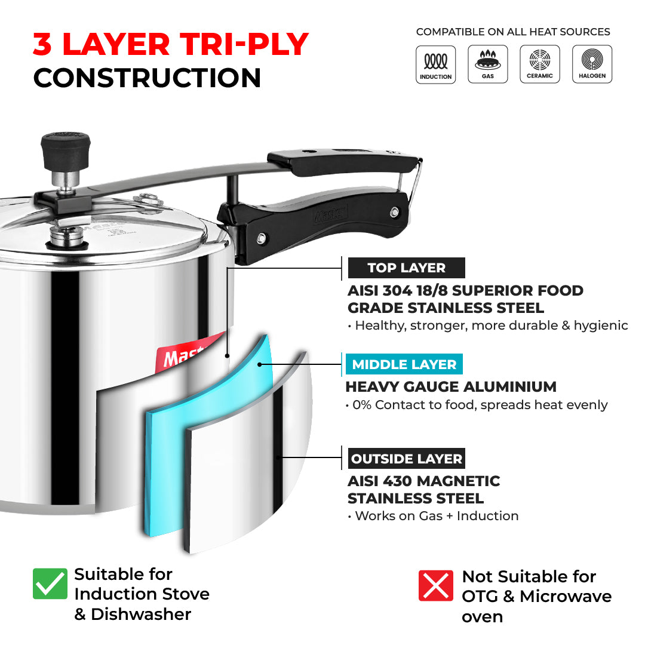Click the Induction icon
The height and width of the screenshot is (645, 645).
(x=435, y=64)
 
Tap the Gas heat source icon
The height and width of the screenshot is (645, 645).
(x=488, y=64)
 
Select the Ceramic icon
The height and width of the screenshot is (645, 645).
(x=540, y=64)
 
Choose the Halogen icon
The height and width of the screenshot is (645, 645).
(x=592, y=64)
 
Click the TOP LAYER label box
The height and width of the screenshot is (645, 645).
(x=406, y=268)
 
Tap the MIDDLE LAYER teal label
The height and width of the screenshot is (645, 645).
(x=404, y=364)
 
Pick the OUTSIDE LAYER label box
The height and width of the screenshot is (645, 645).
(x=406, y=459)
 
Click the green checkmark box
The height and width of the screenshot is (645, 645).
(x=50, y=583)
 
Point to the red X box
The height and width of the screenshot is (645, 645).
(x=436, y=585)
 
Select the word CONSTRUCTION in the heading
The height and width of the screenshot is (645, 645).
(x=147, y=78)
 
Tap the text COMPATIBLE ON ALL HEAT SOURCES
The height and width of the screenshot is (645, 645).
(x=513, y=32)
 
